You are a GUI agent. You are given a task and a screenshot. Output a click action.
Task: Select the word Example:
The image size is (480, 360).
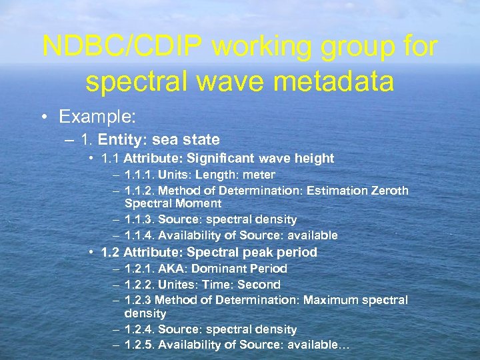click(97, 117)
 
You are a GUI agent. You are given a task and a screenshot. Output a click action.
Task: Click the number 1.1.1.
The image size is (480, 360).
click(139, 175)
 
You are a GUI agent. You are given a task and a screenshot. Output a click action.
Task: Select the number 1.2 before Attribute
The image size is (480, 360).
click(110, 252)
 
